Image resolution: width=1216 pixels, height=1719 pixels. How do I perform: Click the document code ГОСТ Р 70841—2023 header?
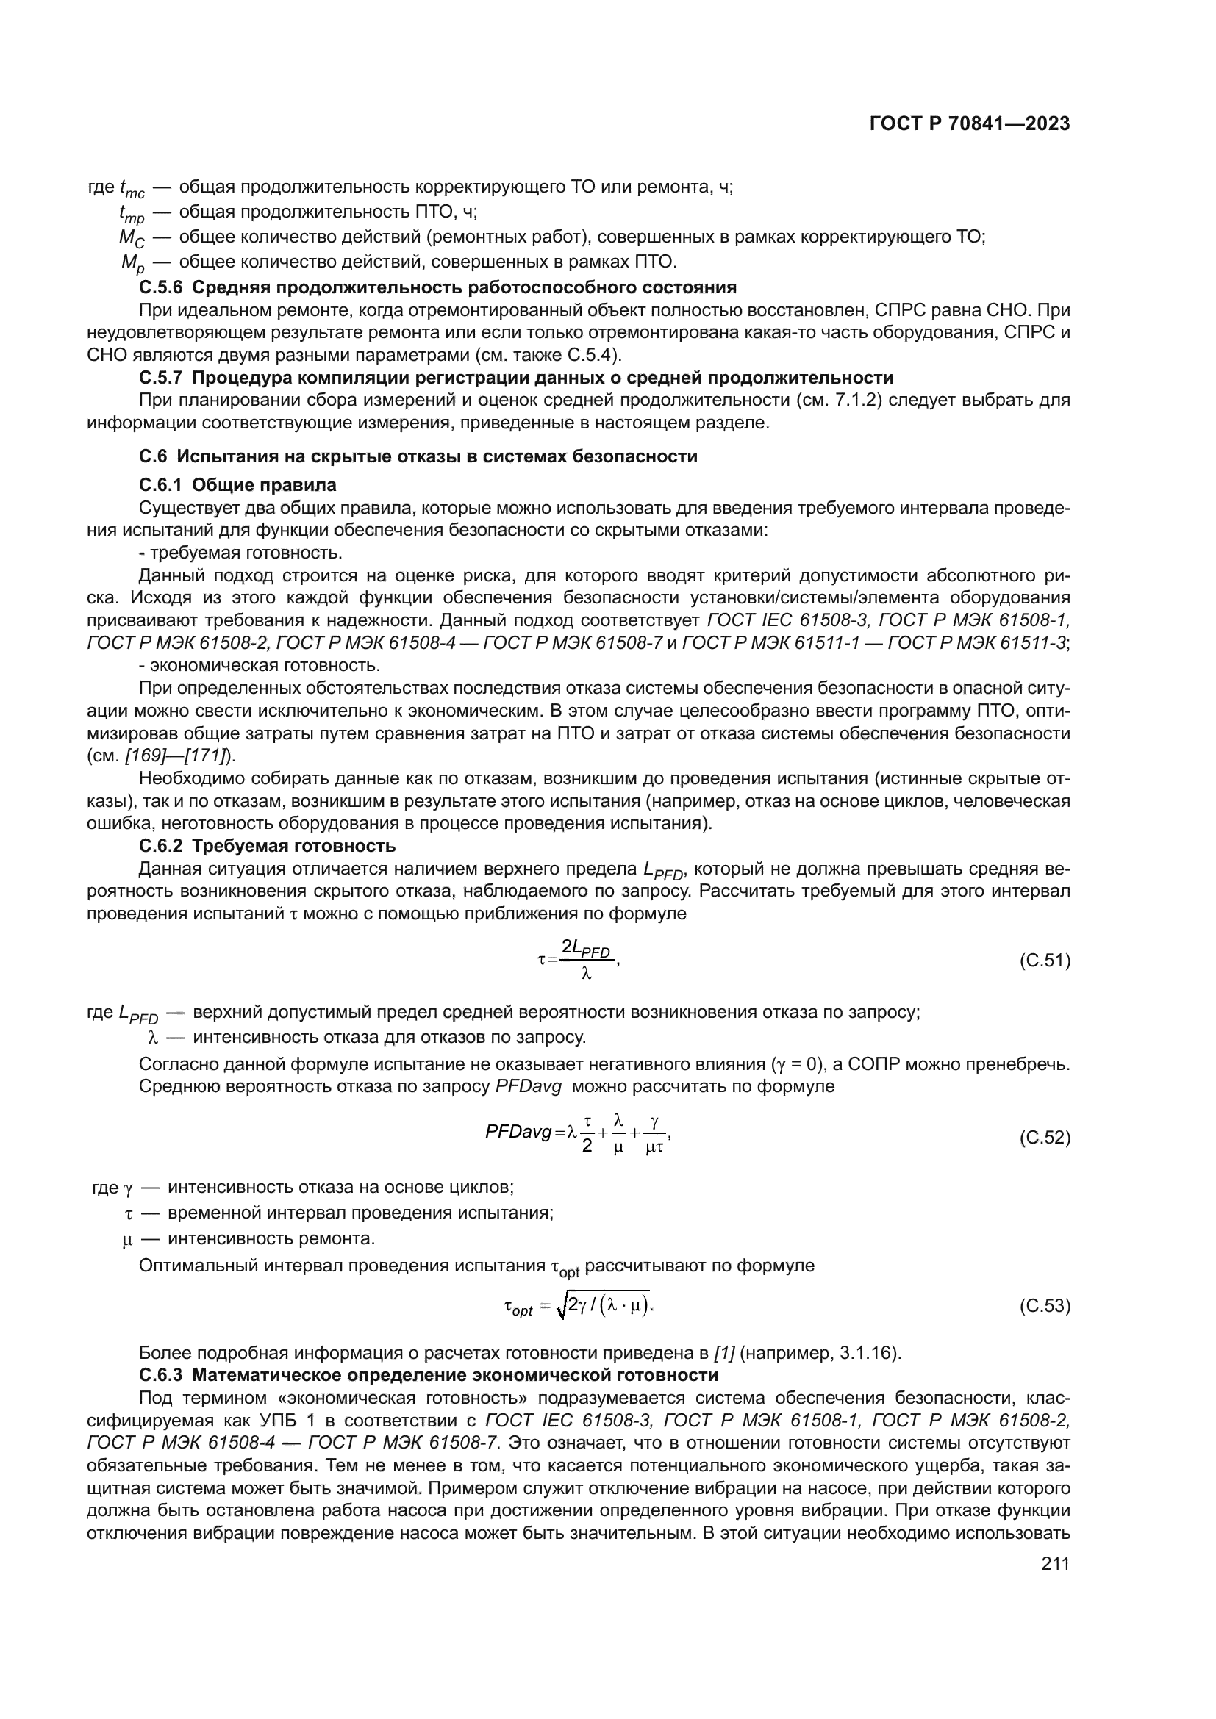point(970,124)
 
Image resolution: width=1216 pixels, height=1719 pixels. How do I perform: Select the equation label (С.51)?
point(1045,961)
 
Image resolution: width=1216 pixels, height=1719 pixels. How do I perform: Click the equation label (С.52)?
point(1045,1138)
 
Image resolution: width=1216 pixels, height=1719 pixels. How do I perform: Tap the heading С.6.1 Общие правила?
point(238,485)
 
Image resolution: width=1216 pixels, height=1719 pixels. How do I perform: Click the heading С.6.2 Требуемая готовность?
point(268,846)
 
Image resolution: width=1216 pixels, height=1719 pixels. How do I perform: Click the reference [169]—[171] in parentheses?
point(176,756)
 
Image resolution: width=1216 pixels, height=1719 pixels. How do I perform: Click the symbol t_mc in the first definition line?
point(132,189)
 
